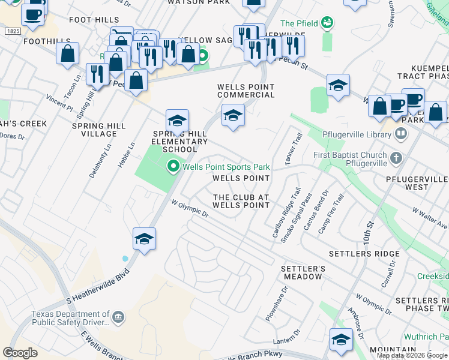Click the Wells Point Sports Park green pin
point(173,166)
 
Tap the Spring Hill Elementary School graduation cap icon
point(177,121)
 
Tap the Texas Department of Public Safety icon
point(118,317)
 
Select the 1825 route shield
point(11,30)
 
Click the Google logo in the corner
point(20,352)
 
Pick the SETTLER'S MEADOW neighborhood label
point(303,272)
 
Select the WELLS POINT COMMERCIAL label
point(246,91)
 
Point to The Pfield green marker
point(327,23)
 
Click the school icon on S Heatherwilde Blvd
point(144,240)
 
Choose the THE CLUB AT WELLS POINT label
point(241,201)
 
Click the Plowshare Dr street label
point(276,302)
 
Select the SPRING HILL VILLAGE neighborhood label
point(99,130)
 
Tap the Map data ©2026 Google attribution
point(412,355)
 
